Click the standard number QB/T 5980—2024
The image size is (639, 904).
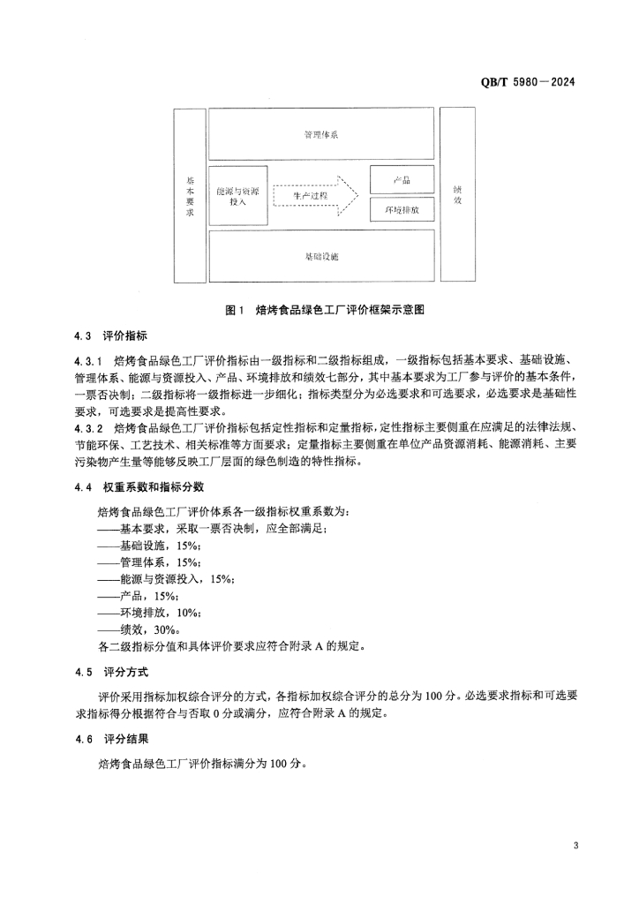[x=528, y=82]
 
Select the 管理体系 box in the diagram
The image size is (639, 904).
[x=321, y=135]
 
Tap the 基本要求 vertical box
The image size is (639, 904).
[x=189, y=195]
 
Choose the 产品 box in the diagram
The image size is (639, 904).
[x=402, y=179]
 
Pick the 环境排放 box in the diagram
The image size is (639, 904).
[x=402, y=211]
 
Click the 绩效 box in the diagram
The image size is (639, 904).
[x=457, y=195]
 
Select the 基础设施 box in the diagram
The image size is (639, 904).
[x=321, y=256]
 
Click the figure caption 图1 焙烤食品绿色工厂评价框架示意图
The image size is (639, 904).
[x=326, y=310]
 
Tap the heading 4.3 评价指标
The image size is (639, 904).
[x=111, y=336]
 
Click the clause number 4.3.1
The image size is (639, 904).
[x=88, y=362]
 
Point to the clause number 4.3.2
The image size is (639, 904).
[x=88, y=429]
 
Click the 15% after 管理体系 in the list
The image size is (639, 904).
[x=188, y=561]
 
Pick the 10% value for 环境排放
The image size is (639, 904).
[x=188, y=612]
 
